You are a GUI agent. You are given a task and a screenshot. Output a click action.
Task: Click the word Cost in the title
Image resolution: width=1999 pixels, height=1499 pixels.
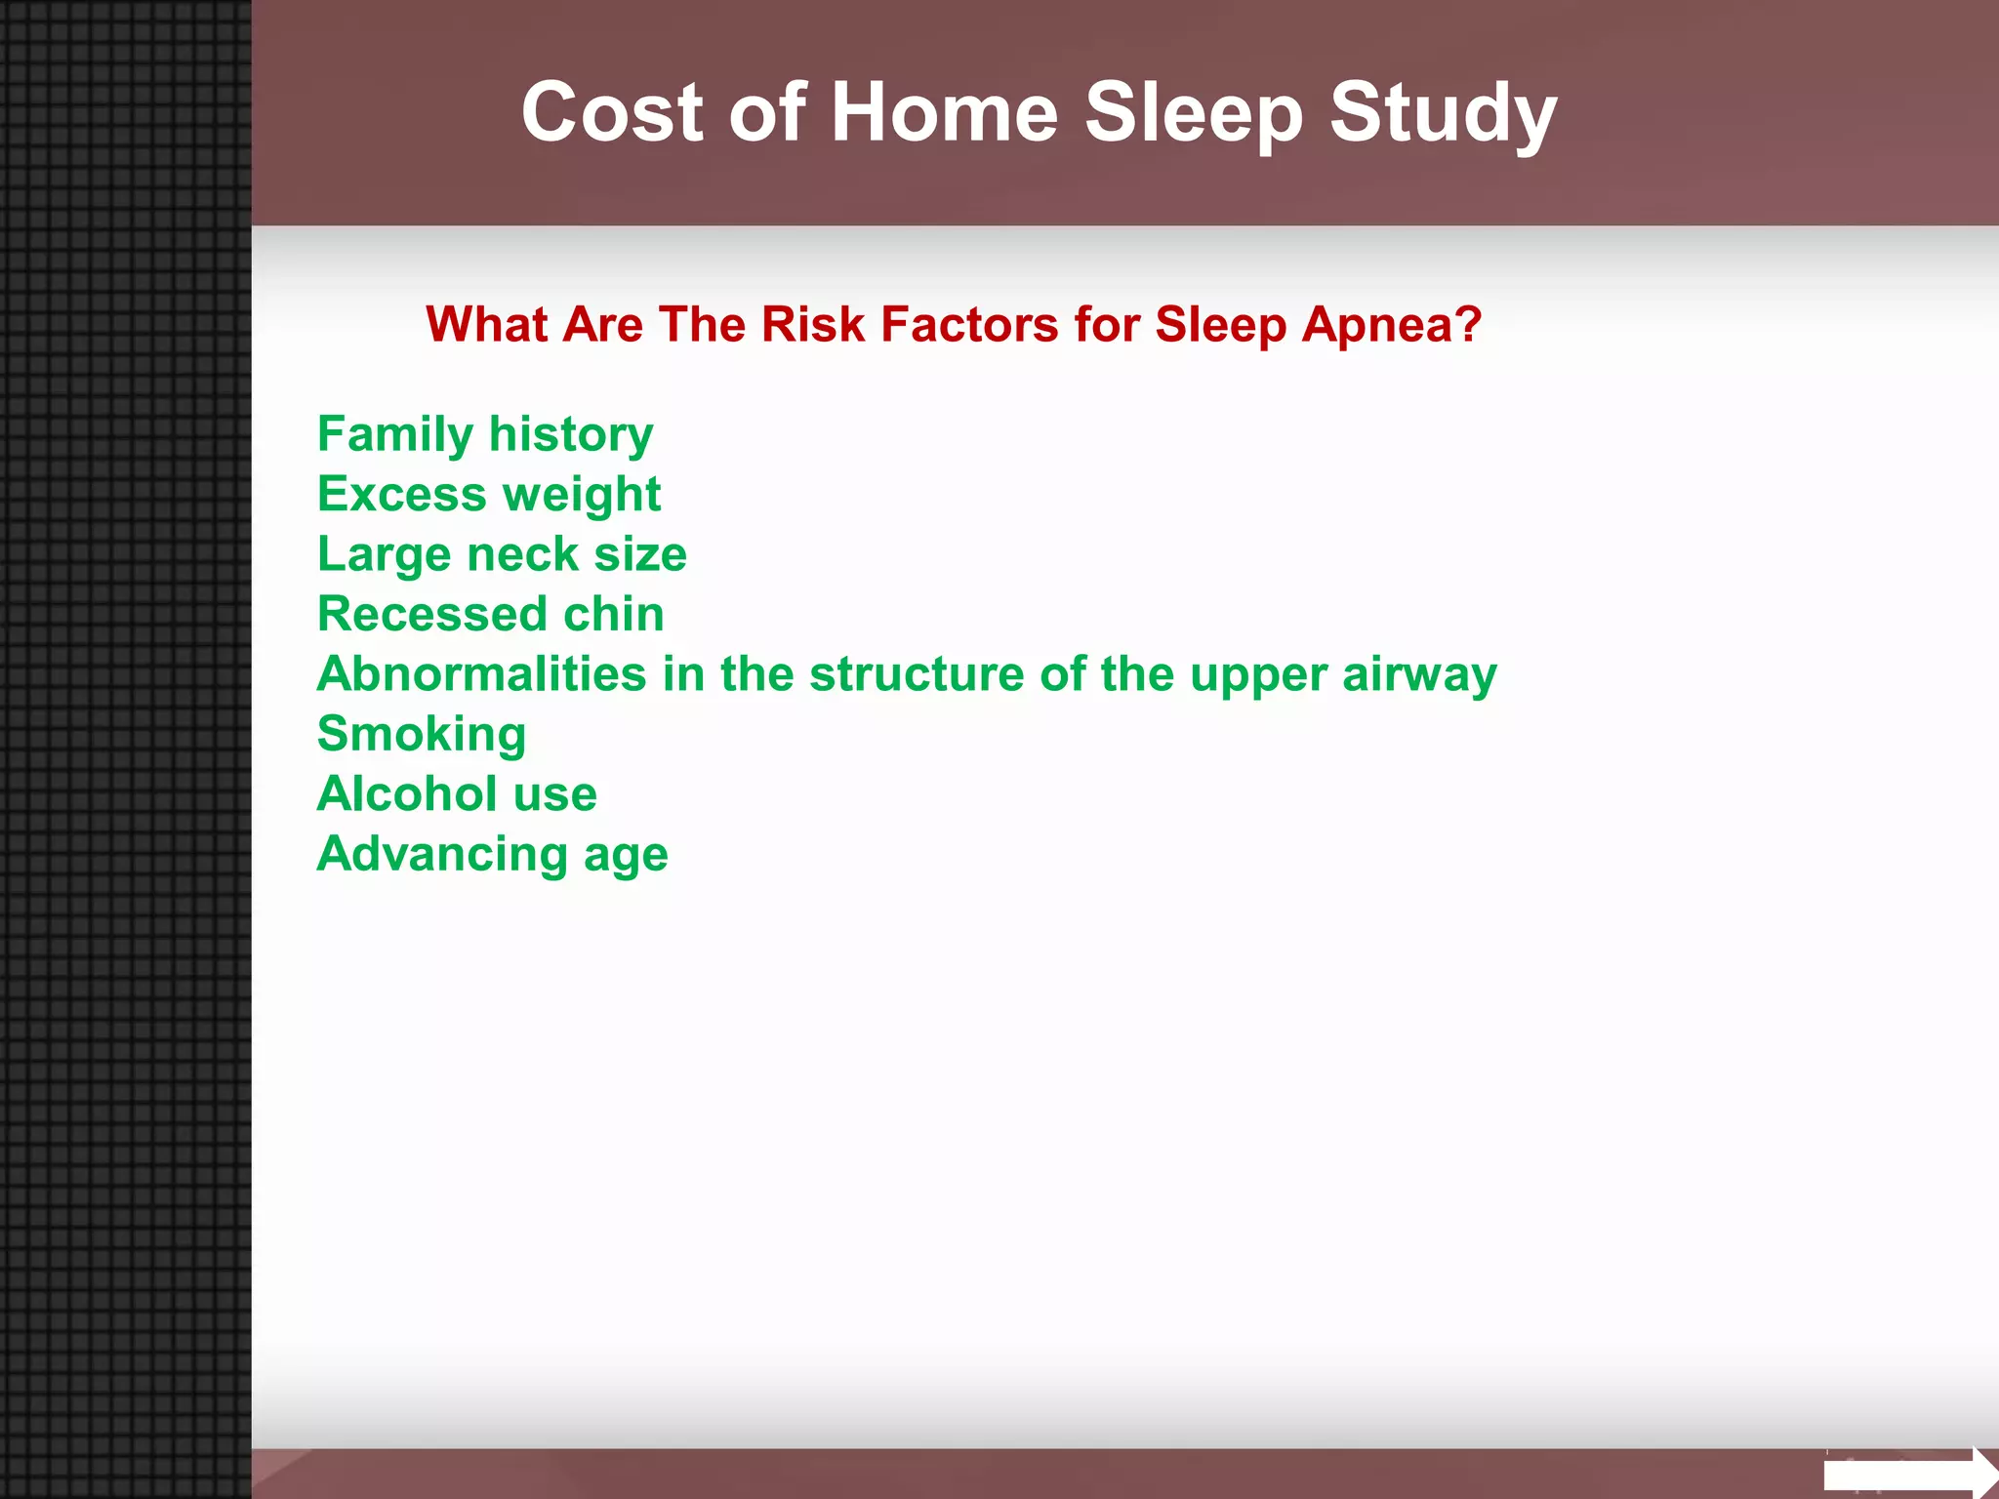coord(611,112)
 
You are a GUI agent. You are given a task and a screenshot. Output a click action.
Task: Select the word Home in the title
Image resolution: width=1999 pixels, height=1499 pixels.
coord(944,112)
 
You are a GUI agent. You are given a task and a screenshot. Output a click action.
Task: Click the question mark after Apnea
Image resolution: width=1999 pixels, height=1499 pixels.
coord(1468,324)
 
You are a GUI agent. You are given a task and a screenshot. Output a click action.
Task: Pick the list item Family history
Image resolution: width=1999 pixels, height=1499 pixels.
coord(485,434)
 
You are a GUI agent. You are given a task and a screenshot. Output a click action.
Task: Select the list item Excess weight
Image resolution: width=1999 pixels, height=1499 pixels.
coord(489,494)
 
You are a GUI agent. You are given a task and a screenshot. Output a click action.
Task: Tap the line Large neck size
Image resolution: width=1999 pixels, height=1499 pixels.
coord(502,554)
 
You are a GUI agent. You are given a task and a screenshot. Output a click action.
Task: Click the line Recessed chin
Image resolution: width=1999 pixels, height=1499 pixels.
coord(490,614)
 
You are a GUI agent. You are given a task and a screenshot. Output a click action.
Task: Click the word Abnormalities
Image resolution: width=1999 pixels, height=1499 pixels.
coord(481,673)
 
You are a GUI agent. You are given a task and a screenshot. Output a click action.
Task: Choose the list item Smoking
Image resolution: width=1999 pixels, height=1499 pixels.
coord(422,734)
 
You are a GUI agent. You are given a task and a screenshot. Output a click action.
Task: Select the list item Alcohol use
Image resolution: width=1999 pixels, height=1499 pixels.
coord(457,793)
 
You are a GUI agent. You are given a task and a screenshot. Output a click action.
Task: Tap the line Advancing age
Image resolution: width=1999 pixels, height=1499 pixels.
coord(492,854)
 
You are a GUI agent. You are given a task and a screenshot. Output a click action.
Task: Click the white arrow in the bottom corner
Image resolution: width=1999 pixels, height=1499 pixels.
coord(1908,1473)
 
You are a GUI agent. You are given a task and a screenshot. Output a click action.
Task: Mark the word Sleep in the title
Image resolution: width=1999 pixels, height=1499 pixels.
coord(1193,112)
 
